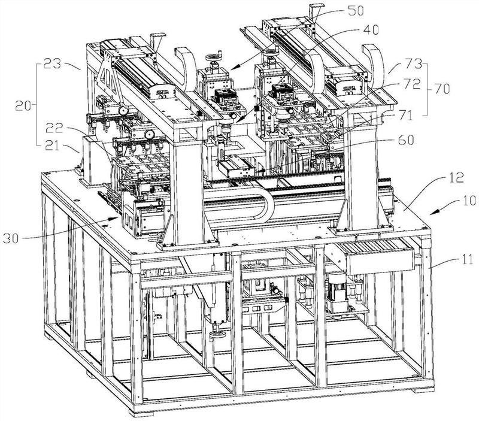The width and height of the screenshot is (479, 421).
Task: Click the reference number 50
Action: pyautogui.click(x=356, y=11)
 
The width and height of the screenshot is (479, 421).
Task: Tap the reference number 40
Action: pyautogui.click(x=371, y=30)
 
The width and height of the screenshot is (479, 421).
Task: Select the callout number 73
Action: pyautogui.click(x=414, y=65)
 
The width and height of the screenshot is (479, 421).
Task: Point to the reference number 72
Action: pyautogui.click(x=412, y=84)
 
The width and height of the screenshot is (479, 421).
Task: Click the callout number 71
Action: pyautogui.click(x=405, y=116)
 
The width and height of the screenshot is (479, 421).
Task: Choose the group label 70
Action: pyautogui.click(x=442, y=89)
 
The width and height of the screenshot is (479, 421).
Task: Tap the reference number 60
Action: pyautogui.click(x=407, y=140)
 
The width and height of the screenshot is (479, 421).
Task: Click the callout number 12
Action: pyautogui.click(x=456, y=178)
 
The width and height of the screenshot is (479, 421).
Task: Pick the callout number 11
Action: pyautogui.click(x=465, y=259)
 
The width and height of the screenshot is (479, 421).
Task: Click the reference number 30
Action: pyautogui.click(x=11, y=238)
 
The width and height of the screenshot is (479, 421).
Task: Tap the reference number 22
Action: pyautogui.click(x=54, y=128)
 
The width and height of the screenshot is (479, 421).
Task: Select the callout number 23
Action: pyautogui.click(x=52, y=65)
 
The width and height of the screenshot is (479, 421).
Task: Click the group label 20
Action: pyautogui.click(x=23, y=106)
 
